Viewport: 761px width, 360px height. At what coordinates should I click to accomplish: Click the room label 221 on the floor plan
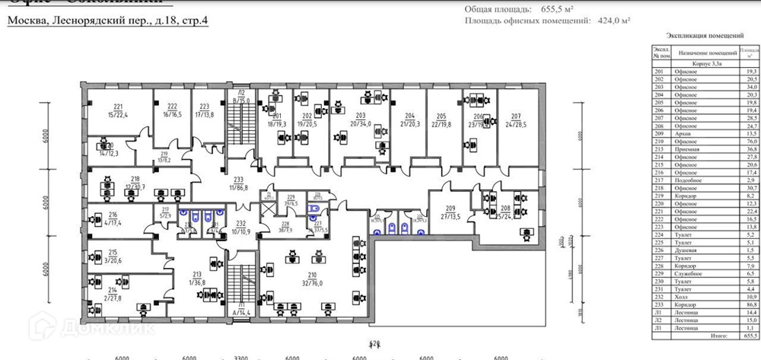click(x=118, y=107)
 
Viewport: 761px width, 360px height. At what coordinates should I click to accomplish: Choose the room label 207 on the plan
click(x=517, y=116)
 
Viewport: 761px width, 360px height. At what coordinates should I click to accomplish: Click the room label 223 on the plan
click(x=204, y=107)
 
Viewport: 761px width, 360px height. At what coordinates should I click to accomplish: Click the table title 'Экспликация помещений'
click(x=705, y=35)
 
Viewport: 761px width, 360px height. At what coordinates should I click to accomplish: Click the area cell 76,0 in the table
click(x=750, y=141)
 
